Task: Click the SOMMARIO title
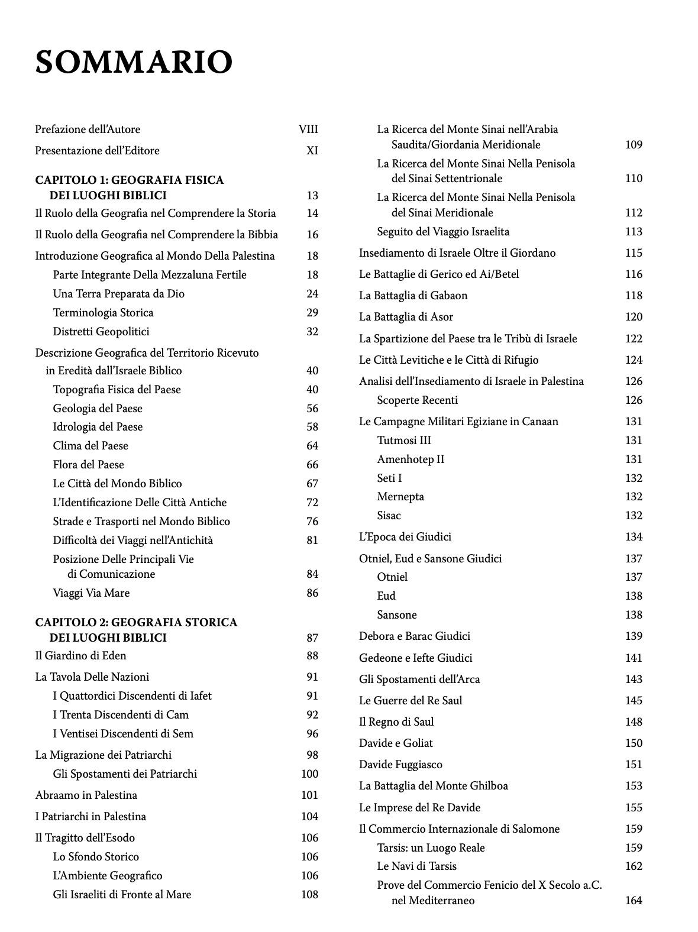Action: pos(134,62)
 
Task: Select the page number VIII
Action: pos(308,130)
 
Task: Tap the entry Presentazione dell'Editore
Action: pos(97,151)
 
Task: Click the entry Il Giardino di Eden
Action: pos(80,656)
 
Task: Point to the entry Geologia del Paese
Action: pos(98,409)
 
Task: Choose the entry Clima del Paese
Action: pos(91,446)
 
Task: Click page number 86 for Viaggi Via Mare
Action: pos(312,593)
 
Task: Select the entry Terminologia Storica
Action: pos(103,313)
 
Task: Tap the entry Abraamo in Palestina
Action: pos(86,795)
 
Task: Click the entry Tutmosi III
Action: pos(404,441)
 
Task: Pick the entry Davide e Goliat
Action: pos(396,743)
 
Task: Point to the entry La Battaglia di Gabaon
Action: pos(413,296)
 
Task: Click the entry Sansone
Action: pos(397,615)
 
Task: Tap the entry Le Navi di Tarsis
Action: pos(416,866)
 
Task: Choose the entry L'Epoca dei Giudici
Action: pos(405,537)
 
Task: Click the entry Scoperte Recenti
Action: pos(417,400)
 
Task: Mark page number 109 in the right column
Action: pos(634,145)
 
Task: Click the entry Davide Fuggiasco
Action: pos(400,765)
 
